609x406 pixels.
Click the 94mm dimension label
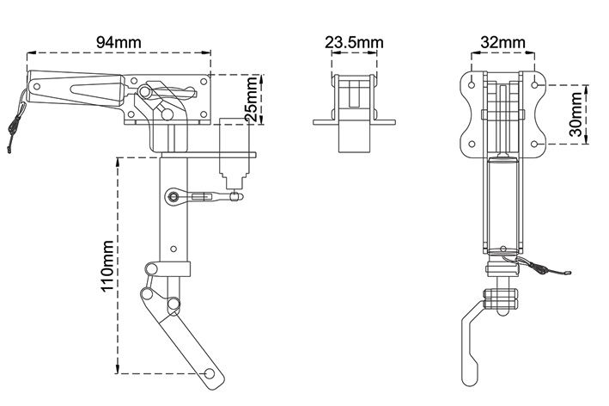[x=119, y=42]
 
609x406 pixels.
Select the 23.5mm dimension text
[x=354, y=42]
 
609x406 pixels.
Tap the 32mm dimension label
[x=502, y=42]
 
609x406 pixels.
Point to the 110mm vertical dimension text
[x=107, y=266]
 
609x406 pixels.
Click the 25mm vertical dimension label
[x=252, y=99]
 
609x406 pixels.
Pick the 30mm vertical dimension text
[x=576, y=114]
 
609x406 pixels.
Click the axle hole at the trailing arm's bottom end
[x=210, y=373]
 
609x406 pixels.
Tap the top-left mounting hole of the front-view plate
[x=472, y=85]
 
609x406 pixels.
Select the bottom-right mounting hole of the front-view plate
[x=534, y=145]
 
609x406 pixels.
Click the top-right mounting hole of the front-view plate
[x=534, y=85]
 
